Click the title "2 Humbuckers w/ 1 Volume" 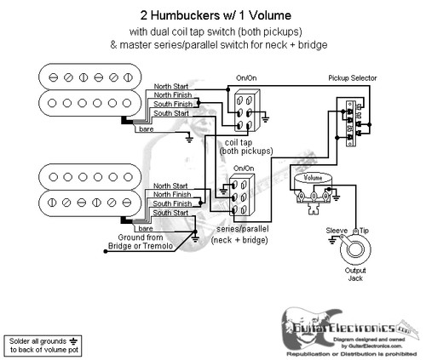(212, 14)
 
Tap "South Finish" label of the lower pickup (171, 205)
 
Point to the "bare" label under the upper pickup (147, 126)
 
